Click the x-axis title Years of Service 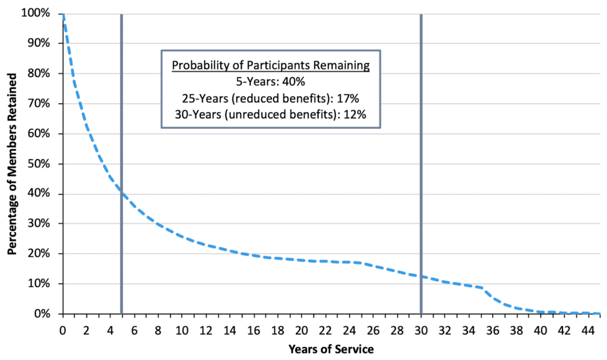[x=331, y=349]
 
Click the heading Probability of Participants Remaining [x=271, y=66]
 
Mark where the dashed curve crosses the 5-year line [x=122, y=192]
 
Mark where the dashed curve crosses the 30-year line [x=420, y=276]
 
